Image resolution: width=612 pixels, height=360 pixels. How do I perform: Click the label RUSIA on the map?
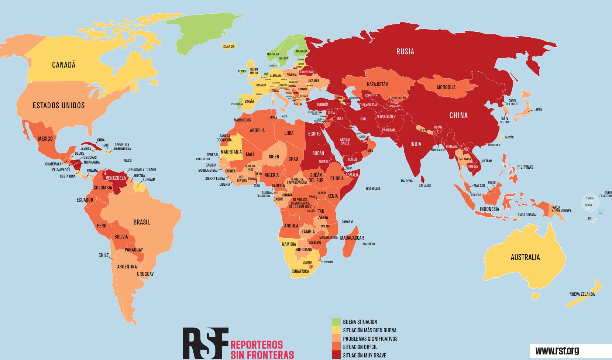coord(405,52)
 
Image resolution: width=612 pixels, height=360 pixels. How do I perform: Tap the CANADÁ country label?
coord(63,65)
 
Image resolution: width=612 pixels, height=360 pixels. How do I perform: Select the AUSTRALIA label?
coord(525,257)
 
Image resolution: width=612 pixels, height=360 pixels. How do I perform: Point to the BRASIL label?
coord(141,222)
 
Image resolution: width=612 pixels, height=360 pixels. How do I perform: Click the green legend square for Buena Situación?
coord(336,322)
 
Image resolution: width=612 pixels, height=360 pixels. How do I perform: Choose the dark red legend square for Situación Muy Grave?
coord(336,355)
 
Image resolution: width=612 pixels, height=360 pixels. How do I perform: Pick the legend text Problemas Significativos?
coord(370,339)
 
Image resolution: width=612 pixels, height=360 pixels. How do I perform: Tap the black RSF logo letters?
coord(205,343)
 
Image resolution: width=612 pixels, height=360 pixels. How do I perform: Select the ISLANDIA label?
coord(228,47)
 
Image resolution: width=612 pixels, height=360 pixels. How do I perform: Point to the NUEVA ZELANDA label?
coord(582,294)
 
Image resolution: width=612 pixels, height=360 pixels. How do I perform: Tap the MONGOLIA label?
coord(446,88)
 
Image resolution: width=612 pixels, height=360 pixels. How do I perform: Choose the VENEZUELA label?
coord(116,178)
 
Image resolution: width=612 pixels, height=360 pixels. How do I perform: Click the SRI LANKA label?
coord(425,186)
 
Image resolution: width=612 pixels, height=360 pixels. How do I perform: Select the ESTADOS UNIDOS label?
coord(59,106)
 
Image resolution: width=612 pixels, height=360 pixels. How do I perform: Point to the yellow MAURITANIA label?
coord(231,152)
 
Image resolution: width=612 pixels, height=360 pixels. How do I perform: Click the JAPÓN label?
coord(537,110)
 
